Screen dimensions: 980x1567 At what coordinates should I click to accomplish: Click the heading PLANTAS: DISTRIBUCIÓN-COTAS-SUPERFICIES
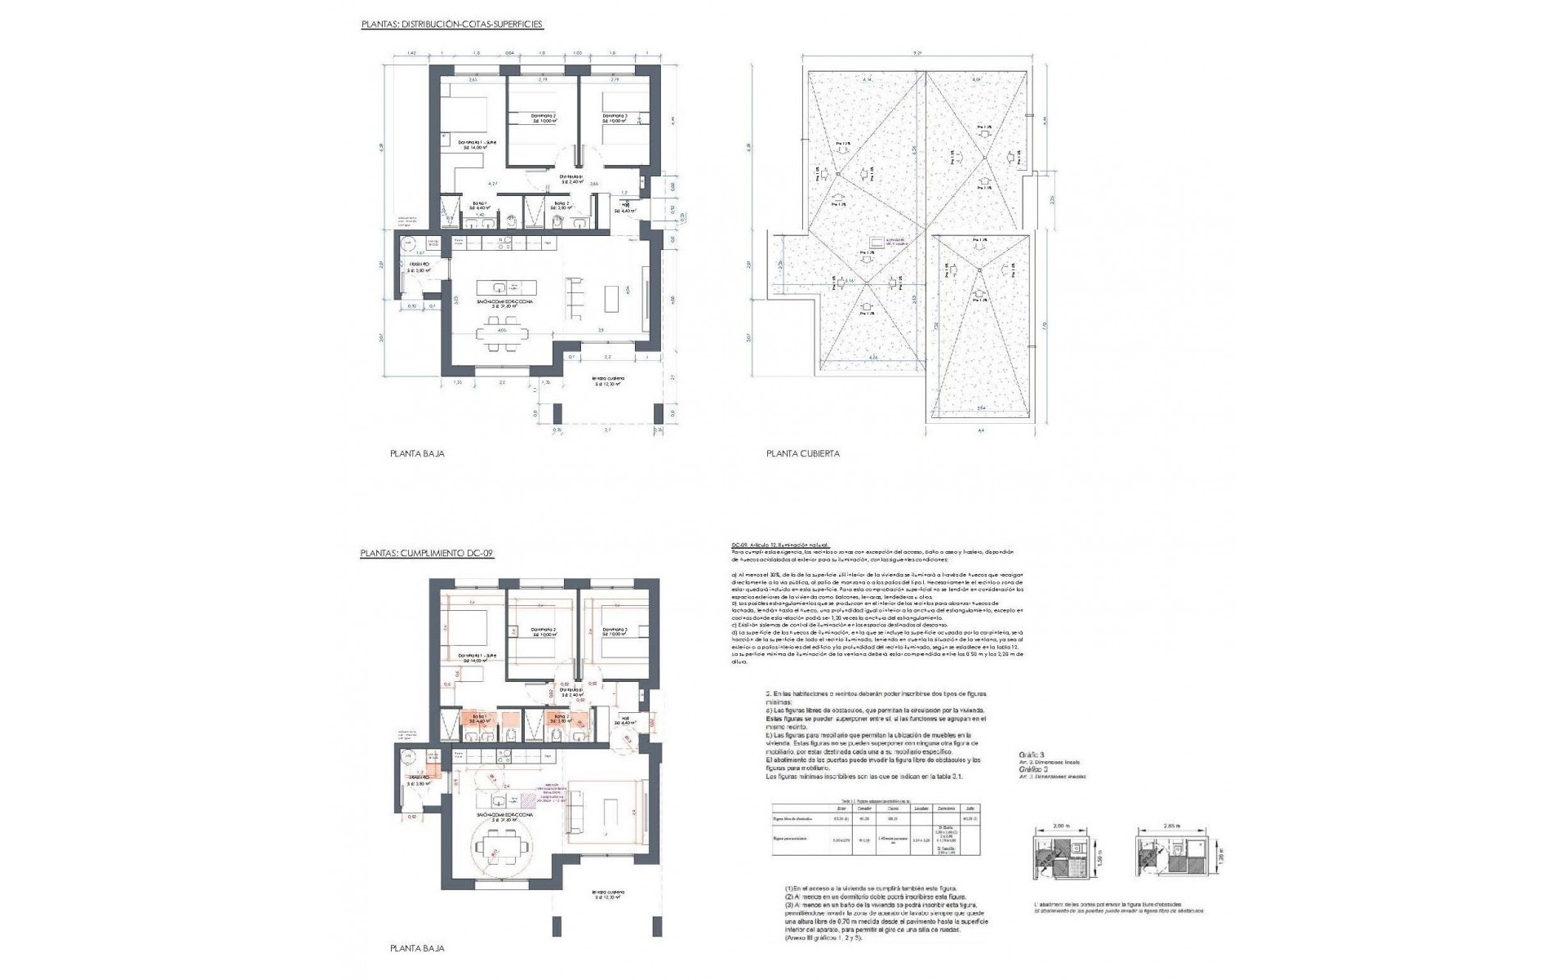[x=452, y=25]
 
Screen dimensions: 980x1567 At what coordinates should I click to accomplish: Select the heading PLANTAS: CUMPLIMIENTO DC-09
[x=427, y=553]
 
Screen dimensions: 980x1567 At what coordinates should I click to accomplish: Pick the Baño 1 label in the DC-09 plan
[x=479, y=719]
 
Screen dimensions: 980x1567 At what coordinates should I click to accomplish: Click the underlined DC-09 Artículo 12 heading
[x=781, y=544]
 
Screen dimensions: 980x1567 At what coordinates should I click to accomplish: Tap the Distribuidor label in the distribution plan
[x=570, y=178]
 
